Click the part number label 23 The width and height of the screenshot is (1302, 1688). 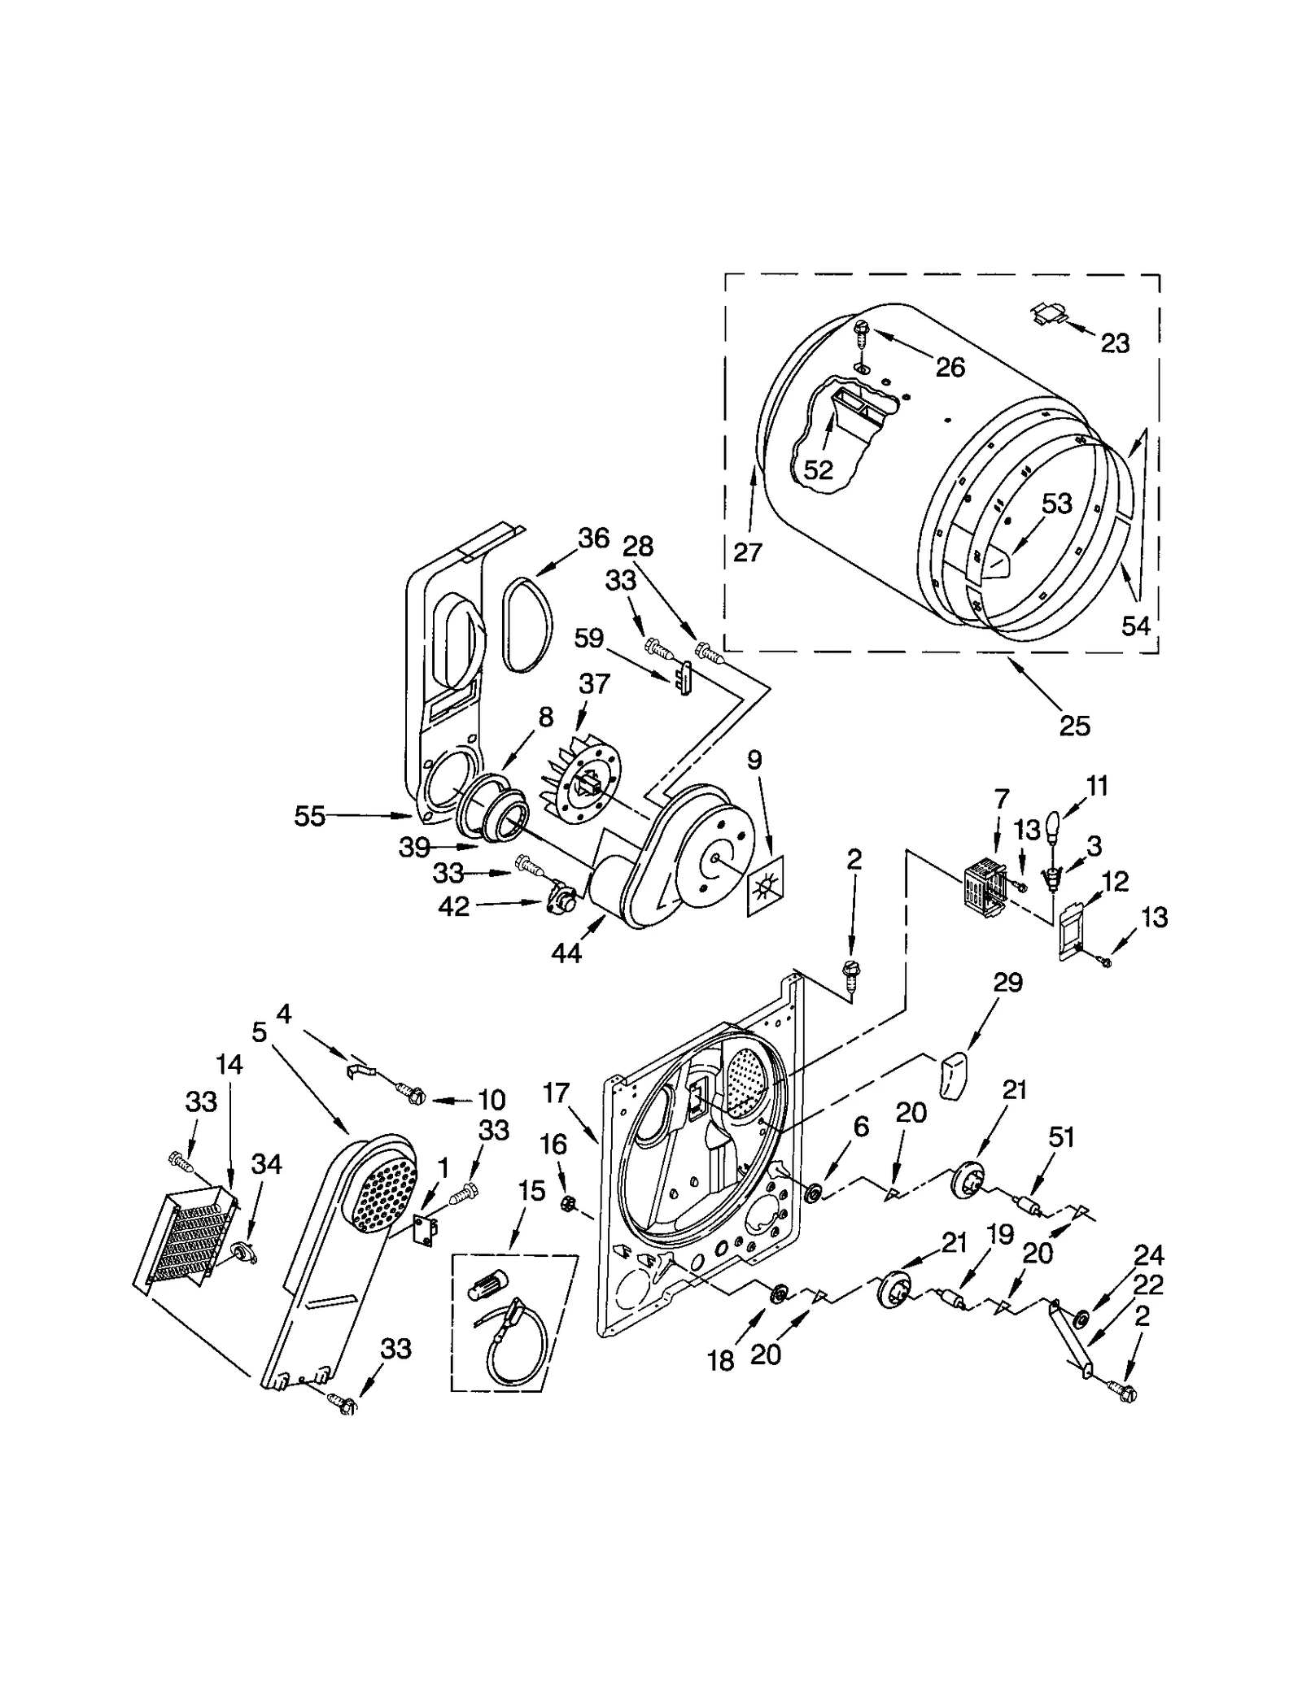[x=1115, y=343]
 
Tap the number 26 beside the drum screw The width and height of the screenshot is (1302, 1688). [x=950, y=368]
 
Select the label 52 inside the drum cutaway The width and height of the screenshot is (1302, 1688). [x=819, y=469]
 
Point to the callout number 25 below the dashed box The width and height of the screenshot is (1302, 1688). [x=1074, y=726]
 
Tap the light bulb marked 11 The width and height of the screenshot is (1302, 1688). [x=1052, y=827]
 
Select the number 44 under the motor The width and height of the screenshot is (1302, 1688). [x=566, y=953]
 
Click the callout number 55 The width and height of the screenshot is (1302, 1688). [x=310, y=816]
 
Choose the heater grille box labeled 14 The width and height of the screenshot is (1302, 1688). [x=186, y=1237]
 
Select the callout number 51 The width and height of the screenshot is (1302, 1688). [x=1061, y=1137]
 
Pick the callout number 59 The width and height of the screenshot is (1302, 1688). [x=589, y=638]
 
